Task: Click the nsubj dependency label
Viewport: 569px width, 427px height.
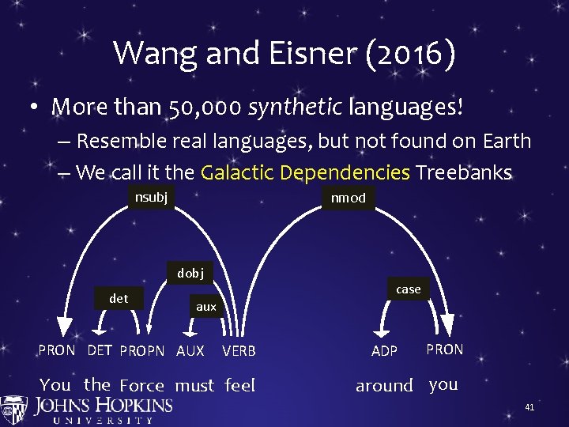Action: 151,197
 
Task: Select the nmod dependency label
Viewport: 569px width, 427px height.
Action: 348,198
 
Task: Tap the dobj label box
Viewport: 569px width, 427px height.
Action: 190,273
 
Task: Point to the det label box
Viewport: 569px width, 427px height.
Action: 119,298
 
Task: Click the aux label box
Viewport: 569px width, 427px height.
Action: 205,306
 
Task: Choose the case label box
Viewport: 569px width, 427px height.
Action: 408,289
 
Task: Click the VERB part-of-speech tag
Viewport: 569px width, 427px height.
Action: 239,350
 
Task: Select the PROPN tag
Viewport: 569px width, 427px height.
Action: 142,350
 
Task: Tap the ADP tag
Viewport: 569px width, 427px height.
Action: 384,350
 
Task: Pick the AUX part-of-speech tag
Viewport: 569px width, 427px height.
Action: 190,350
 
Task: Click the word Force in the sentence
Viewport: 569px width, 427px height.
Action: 141,386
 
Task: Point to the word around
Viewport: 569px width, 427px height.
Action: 384,386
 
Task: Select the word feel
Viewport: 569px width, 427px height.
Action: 240,385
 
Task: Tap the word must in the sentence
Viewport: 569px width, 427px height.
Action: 194,386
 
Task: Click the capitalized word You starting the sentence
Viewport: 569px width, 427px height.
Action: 55,385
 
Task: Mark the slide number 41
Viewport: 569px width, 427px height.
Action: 529,407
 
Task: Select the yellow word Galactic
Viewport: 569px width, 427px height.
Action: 238,172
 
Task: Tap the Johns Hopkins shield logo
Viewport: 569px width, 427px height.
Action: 14,409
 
